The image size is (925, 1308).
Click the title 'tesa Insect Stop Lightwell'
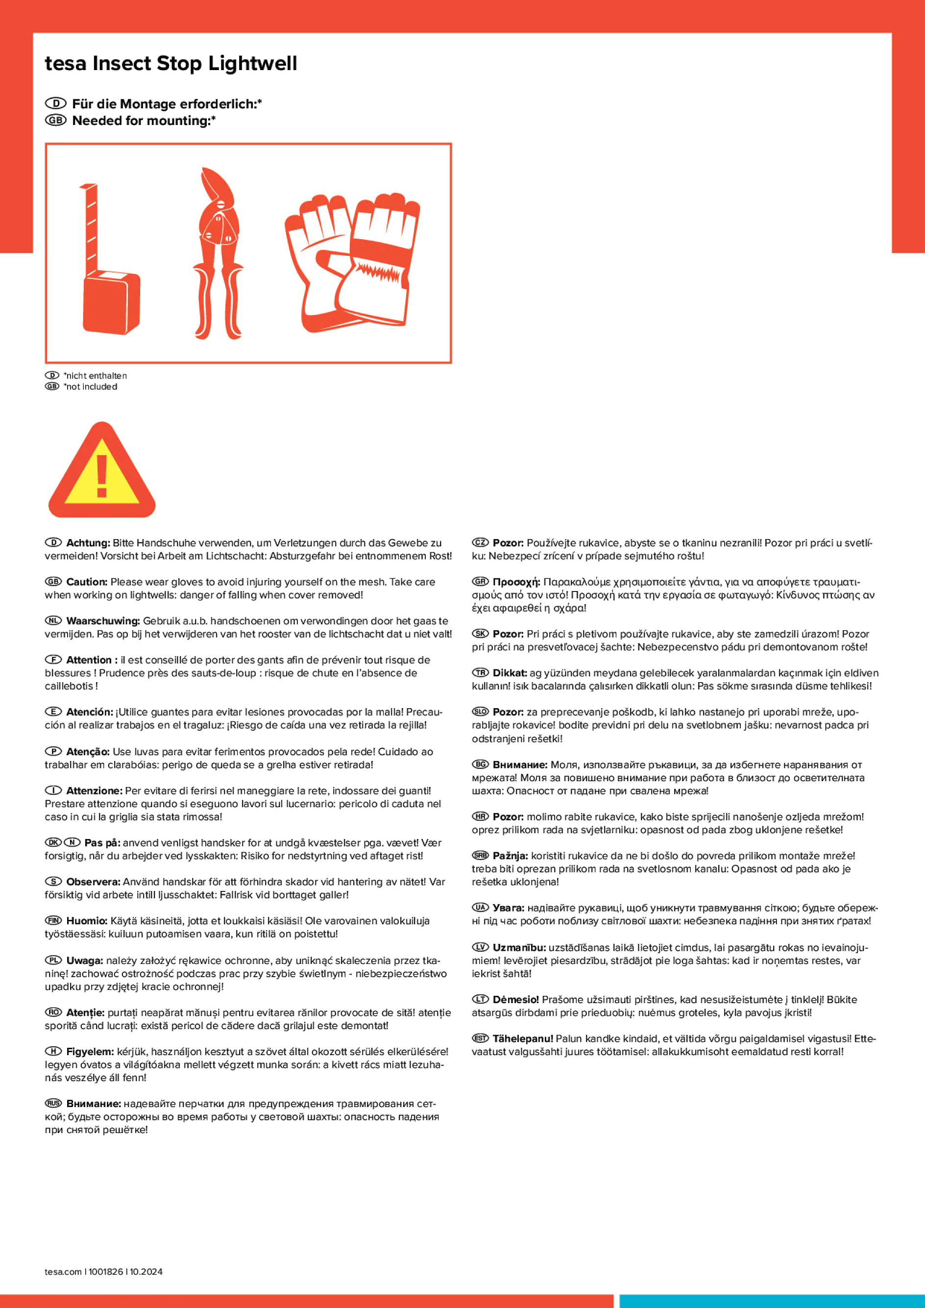pos(171,63)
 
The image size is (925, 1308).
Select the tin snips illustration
pos(218,253)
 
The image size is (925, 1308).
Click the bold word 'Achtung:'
pos(88,543)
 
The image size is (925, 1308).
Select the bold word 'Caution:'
pos(87,582)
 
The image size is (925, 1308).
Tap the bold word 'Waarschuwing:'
pos(102,621)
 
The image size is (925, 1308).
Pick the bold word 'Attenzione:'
pos(94,790)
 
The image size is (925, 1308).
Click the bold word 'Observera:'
pos(93,882)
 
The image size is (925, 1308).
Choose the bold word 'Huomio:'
pos(87,921)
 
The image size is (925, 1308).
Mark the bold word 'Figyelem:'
pos(90,1051)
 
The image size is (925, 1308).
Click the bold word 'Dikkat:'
pos(510,673)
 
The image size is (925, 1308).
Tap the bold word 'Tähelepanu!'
pos(522,1038)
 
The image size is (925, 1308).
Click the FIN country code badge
pos(53,921)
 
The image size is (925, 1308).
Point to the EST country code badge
pos(480,1038)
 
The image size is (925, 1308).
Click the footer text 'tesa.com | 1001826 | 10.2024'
pos(104,1272)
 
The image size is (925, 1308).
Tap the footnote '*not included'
pos(91,386)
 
